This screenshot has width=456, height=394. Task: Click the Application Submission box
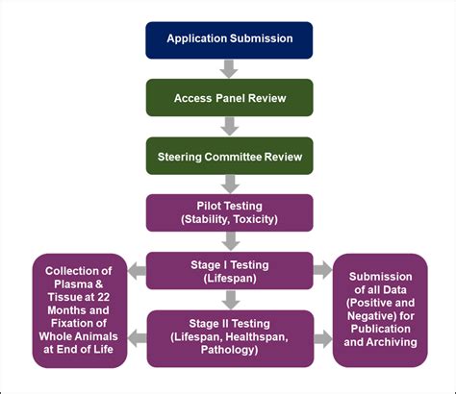pos(229,39)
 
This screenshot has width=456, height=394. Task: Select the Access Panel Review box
pos(229,97)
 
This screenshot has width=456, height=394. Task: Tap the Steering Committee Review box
pos(229,155)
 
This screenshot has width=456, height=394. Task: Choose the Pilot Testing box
pos(229,212)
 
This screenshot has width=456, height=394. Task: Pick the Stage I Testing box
pos(229,270)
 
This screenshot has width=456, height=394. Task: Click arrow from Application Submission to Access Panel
pos(229,68)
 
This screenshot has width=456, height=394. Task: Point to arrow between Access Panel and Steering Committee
pos(229,126)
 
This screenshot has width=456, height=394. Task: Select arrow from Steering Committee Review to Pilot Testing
pos(229,184)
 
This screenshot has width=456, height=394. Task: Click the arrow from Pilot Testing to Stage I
pos(229,241)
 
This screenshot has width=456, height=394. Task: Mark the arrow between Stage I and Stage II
pos(229,299)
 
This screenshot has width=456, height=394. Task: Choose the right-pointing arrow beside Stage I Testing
pos(323,270)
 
